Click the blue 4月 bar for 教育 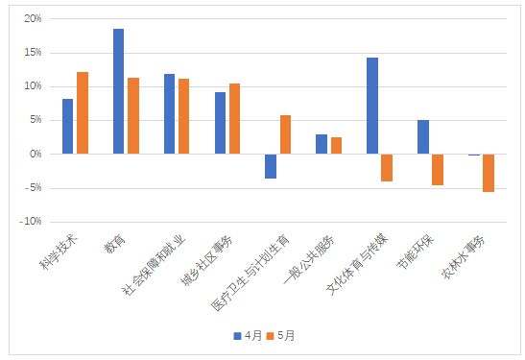click(x=118, y=91)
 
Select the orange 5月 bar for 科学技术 click(x=83, y=113)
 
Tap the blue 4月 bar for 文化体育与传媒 click(x=372, y=106)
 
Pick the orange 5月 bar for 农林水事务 click(x=489, y=173)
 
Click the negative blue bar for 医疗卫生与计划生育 click(x=271, y=166)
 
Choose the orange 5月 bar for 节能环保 click(x=438, y=170)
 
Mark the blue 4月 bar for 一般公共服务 click(x=322, y=144)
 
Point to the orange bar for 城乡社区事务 click(x=235, y=119)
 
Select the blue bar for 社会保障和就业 click(x=170, y=114)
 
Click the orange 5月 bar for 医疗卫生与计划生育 click(x=286, y=134)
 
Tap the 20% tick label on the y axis click(x=33, y=18)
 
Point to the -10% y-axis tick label click(x=31, y=222)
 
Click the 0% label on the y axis click(x=36, y=154)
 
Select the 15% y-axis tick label click(x=33, y=52)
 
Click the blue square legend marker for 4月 click(x=237, y=336)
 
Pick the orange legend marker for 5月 click(x=270, y=336)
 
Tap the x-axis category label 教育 click(x=114, y=244)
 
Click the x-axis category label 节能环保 click(x=416, y=252)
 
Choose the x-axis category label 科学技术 click(x=59, y=252)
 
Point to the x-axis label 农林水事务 click(x=464, y=257)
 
